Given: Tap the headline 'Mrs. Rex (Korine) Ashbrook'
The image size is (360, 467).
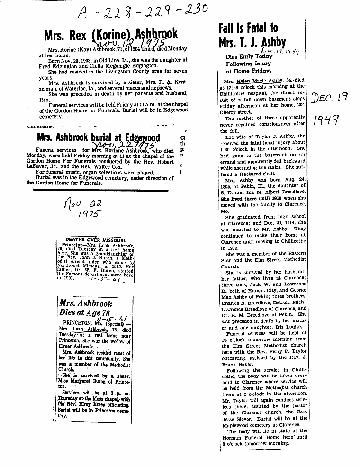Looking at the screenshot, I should point(111,34).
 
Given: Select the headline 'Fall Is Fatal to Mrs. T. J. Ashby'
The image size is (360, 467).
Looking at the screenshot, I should point(252,36).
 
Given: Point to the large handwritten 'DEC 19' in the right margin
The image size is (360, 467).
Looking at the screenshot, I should point(330,98).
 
